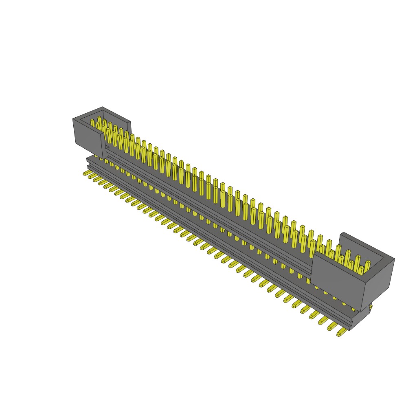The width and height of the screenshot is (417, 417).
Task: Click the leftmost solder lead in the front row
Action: [86, 173]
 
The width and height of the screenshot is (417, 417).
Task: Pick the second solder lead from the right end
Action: [332, 326]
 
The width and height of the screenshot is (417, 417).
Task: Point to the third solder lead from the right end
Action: [323, 320]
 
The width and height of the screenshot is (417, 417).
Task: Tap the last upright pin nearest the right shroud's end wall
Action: [367, 267]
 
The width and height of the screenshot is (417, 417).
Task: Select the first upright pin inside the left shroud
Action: [92, 123]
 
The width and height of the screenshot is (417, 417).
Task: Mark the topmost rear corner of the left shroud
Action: [103, 107]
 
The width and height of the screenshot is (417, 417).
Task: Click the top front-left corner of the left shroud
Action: [73, 119]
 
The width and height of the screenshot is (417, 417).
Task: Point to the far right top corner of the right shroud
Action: [394, 259]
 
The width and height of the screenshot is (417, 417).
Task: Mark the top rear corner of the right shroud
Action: [343, 233]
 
